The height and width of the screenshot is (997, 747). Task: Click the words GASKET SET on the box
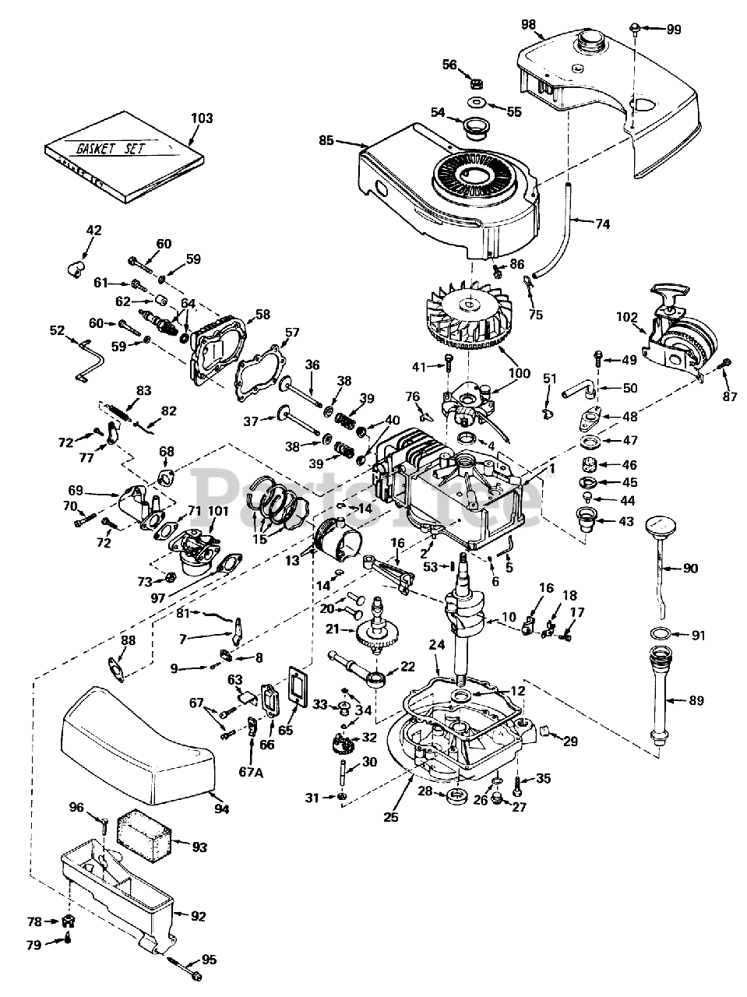(110, 149)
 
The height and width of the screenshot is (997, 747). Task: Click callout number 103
(202, 118)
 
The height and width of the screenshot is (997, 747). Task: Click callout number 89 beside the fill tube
(696, 700)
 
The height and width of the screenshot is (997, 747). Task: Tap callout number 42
(94, 231)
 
